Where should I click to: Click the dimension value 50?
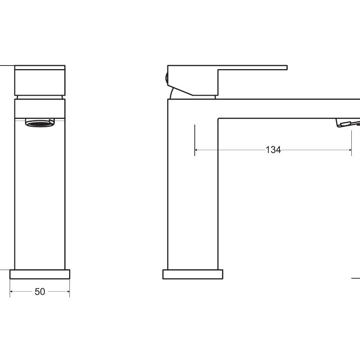(x=40, y=292)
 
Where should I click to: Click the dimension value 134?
(x=273, y=150)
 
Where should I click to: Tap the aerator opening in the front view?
(x=40, y=123)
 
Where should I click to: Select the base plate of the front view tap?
(x=40, y=274)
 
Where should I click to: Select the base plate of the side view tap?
(x=193, y=274)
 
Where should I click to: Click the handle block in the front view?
(x=40, y=80)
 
